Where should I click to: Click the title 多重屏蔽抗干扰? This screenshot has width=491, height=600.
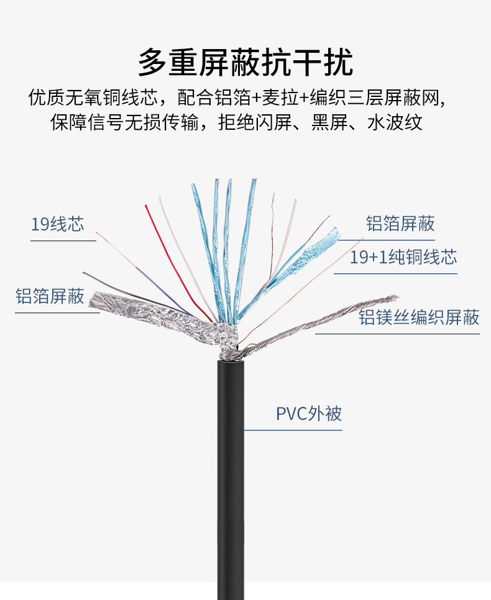[245, 62]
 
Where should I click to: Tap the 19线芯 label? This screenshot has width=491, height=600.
[57, 224]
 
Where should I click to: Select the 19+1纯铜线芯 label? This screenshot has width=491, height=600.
[403, 257]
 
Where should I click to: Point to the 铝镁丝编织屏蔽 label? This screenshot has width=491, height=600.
[419, 317]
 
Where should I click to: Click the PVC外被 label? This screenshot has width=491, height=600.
[309, 414]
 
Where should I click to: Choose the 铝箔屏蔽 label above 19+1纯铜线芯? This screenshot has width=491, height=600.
[400, 224]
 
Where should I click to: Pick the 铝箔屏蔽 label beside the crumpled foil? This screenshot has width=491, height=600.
[50, 296]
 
